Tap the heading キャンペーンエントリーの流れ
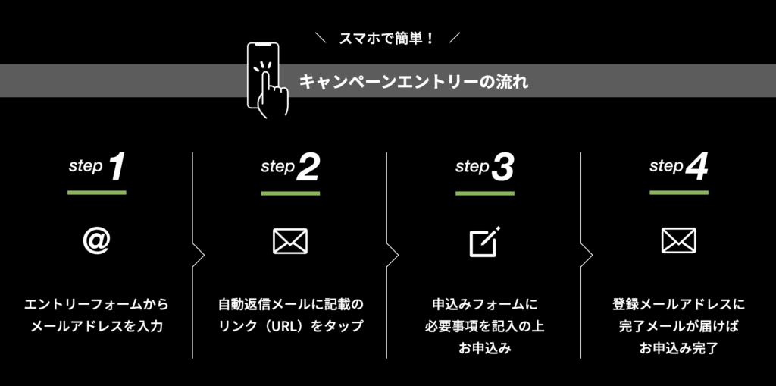(x=414, y=81)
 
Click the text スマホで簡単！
(x=387, y=38)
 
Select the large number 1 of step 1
(x=116, y=168)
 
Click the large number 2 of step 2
(x=308, y=168)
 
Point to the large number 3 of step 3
(x=502, y=168)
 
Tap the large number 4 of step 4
(x=696, y=168)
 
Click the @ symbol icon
(x=97, y=240)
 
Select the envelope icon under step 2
(x=290, y=241)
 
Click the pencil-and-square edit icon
(x=484, y=241)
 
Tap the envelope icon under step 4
(x=678, y=241)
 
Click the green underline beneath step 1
(x=97, y=193)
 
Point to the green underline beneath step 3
(x=485, y=193)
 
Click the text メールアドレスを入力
(x=97, y=327)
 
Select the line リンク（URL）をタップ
(x=290, y=327)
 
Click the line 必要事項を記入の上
(x=485, y=327)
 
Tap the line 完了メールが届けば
(x=679, y=327)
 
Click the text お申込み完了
(x=679, y=349)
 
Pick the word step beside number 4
(x=666, y=166)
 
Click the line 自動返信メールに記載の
(x=290, y=305)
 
